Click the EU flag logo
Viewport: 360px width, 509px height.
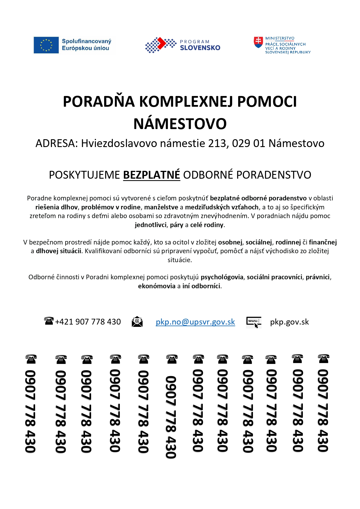click(46, 45)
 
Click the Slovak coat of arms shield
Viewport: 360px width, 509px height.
click(258, 42)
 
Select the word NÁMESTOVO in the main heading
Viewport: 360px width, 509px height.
click(180, 124)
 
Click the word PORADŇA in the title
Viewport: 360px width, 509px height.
click(99, 102)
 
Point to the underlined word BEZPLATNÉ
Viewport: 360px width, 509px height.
click(151, 175)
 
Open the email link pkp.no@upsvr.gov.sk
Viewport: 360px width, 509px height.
click(195, 322)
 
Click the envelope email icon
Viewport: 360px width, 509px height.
click(137, 322)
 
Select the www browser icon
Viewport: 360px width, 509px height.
click(254, 322)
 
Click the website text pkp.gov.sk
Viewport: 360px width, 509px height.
click(289, 322)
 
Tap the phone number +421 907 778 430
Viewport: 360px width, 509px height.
click(88, 322)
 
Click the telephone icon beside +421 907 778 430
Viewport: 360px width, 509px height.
click(49, 321)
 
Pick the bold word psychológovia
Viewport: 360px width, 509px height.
click(222, 277)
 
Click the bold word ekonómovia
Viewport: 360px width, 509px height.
click(157, 286)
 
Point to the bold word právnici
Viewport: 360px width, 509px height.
click(318, 277)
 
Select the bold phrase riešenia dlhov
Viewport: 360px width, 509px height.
click(57, 207)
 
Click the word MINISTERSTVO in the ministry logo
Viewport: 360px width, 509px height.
click(280, 38)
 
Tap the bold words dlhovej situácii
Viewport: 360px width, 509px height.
click(59, 251)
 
